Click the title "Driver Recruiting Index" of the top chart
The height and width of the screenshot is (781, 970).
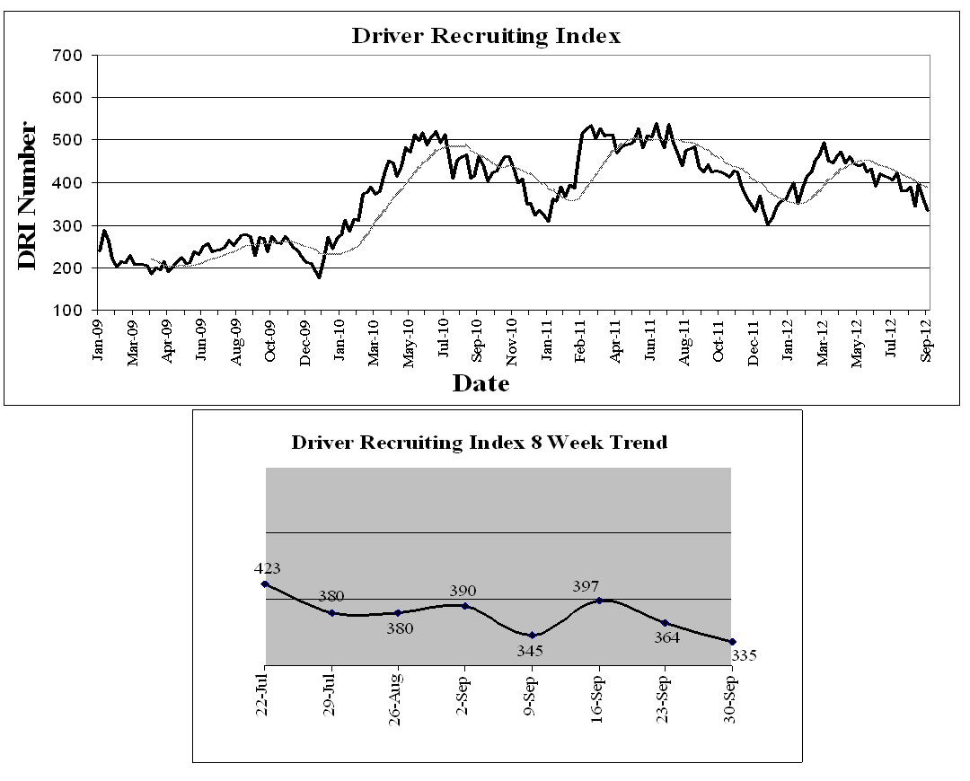[x=486, y=36]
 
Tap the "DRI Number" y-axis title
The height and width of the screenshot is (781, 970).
[x=28, y=196]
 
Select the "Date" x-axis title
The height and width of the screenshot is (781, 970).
[x=481, y=383]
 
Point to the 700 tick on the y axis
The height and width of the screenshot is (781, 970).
[x=69, y=55]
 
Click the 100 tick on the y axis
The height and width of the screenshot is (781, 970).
[x=69, y=311]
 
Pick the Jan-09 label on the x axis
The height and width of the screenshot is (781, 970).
[x=99, y=339]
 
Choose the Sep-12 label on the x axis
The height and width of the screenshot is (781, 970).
[x=927, y=339]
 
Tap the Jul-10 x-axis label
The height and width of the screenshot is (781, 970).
[x=444, y=339]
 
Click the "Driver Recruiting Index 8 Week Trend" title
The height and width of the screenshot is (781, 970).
[x=480, y=443]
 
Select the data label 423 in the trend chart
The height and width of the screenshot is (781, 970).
[x=268, y=567]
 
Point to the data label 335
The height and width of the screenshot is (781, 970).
[x=745, y=655]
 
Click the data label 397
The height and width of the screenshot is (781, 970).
[x=586, y=586]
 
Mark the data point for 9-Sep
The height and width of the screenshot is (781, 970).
[x=532, y=636]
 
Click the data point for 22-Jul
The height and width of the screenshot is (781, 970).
[x=265, y=584]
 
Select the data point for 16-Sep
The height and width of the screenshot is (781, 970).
[x=598, y=601]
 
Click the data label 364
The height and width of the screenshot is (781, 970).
[x=666, y=637]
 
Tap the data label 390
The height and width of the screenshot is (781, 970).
[x=463, y=591]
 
